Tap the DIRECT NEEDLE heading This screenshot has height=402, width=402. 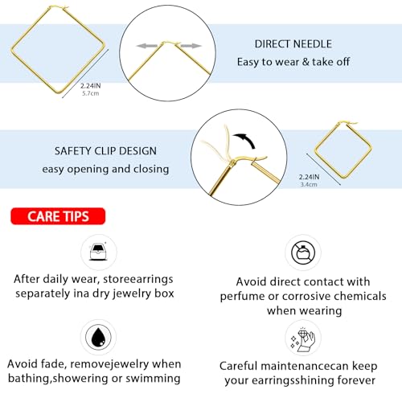pos(281,44)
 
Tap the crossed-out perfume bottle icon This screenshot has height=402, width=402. pos(303,251)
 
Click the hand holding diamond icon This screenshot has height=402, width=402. pos(303,338)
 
